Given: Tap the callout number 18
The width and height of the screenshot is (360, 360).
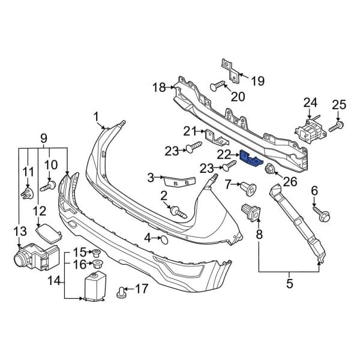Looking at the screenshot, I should pos(158,88).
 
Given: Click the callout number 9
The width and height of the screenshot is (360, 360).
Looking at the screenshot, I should pos(44,139).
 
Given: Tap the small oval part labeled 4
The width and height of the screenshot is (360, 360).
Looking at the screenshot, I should pos(163,239).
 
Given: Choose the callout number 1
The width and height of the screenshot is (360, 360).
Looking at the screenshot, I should pos(96,116).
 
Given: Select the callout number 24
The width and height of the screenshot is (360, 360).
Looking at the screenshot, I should pos(310,103).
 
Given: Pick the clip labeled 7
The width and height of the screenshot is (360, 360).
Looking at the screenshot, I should pos(248,188).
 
